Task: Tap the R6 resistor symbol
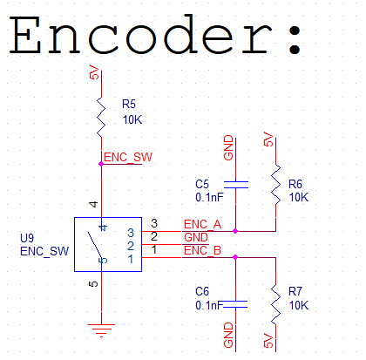pos(275,184)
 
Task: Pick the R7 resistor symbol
pos(275,302)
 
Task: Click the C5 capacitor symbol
pos(235,184)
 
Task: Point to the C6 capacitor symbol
pos(235,303)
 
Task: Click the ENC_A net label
pos(202,225)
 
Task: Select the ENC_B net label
pos(202,251)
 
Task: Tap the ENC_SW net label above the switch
pos(128,158)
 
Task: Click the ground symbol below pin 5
pos(101,329)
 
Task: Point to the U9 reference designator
pos(27,237)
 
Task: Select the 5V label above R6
pos(268,139)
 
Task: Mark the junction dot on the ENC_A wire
pos(235,231)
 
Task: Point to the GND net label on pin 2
pos(196,237)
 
